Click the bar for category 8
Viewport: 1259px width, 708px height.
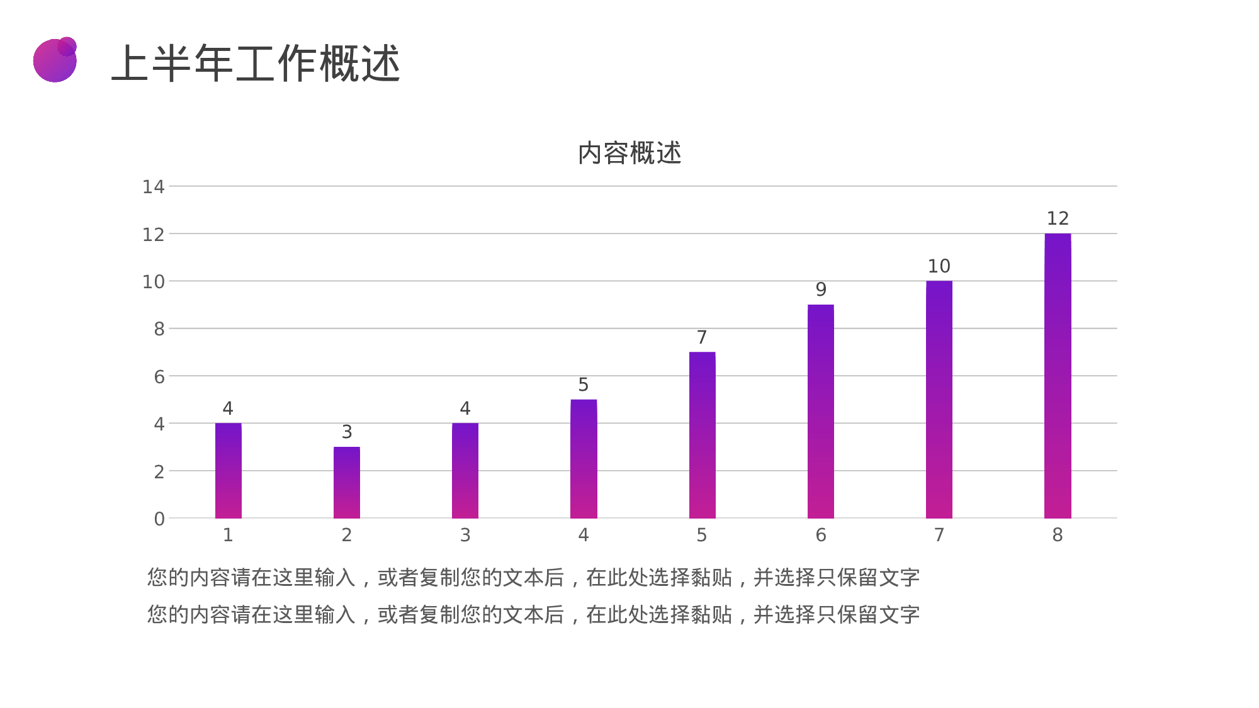tap(1058, 376)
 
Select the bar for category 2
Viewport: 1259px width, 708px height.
tap(347, 483)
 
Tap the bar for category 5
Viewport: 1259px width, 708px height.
tap(702, 435)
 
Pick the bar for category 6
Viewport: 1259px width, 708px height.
tap(820, 412)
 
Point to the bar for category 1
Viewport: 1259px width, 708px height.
tap(229, 471)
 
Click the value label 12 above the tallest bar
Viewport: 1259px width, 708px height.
tap(1058, 219)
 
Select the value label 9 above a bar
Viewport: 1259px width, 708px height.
tap(820, 289)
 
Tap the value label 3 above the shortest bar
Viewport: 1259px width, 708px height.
tap(347, 432)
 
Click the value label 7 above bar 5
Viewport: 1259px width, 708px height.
tap(702, 337)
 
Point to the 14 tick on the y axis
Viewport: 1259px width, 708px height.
tap(153, 187)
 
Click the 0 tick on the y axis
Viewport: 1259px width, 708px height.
tap(159, 519)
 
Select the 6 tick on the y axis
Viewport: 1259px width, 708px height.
tap(159, 377)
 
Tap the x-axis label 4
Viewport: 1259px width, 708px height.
tap(584, 535)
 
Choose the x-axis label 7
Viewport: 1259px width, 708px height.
tap(939, 535)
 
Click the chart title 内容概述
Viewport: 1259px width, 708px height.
tap(629, 153)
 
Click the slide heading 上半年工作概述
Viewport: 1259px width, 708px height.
tap(256, 64)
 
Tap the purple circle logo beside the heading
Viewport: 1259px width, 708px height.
tap(55, 60)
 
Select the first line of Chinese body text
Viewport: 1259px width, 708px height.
tap(533, 578)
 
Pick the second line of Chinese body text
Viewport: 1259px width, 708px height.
tap(533, 615)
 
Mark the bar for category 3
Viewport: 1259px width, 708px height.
tap(465, 471)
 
